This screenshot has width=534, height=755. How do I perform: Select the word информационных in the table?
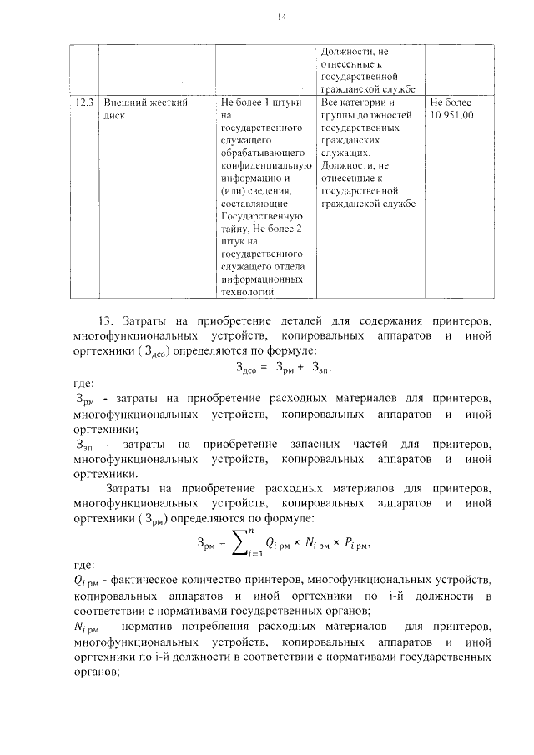coord(262,279)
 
